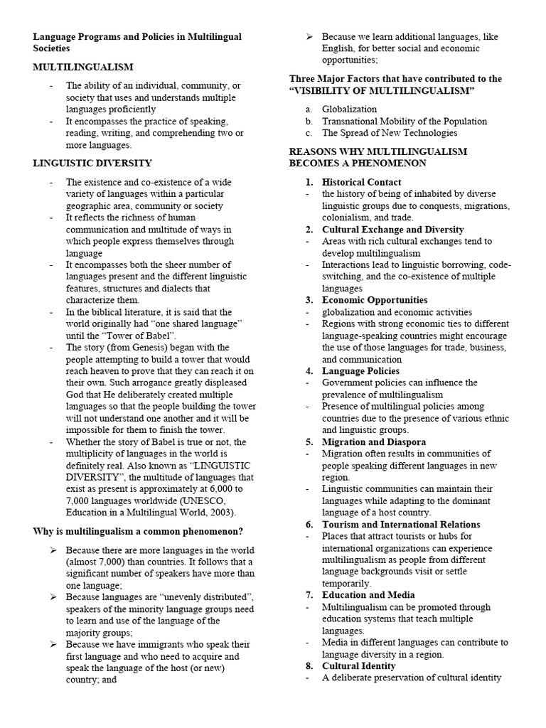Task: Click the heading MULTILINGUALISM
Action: tap(83, 68)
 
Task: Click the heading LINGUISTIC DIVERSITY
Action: tap(92, 163)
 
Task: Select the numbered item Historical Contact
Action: tap(361, 182)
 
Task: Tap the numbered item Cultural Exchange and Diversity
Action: tap(392, 230)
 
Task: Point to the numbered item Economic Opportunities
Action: tap(375, 300)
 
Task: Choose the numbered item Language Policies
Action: tap(360, 371)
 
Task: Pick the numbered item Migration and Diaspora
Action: tap(374, 441)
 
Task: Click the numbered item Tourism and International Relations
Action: tap(401, 525)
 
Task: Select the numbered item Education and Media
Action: tap(369, 595)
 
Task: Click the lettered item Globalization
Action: tap(349, 109)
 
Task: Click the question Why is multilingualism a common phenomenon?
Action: tap(139, 531)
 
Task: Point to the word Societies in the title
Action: tap(52, 48)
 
